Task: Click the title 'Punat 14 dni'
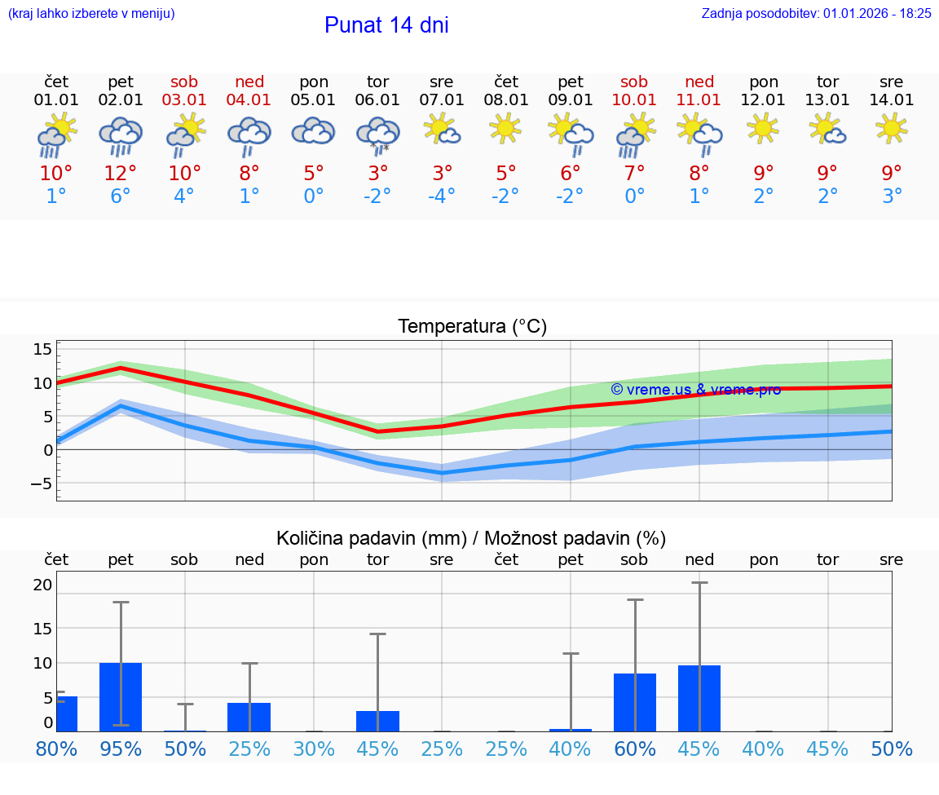386,25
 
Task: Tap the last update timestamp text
816,14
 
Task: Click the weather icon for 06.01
377,135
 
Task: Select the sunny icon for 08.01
506,128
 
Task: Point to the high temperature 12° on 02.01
121,173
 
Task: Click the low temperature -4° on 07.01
442,197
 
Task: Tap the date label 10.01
634,100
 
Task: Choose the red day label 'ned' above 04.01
249,82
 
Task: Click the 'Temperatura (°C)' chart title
472,327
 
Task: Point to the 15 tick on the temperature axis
42,349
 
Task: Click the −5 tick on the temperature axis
39,484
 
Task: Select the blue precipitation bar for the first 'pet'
121,697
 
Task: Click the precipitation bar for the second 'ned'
699,698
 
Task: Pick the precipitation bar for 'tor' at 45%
377,721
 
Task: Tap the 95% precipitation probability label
121,749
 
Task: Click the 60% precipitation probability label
634,749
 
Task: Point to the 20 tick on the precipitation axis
42,585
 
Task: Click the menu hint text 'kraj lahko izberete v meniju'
91,14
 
